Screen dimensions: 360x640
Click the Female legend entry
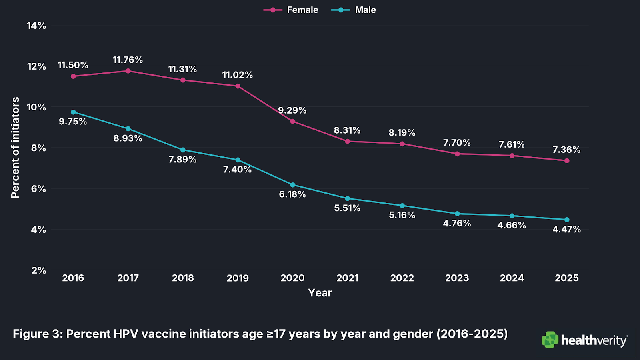tap(291, 10)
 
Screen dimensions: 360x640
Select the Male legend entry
tap(354, 10)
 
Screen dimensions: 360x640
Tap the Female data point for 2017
tap(128, 71)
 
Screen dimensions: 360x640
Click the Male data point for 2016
tap(73, 112)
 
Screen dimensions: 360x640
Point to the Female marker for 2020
tap(293, 121)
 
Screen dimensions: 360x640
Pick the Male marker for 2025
tap(567, 220)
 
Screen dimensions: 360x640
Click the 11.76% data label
tap(128, 60)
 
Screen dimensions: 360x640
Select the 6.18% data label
tap(292, 194)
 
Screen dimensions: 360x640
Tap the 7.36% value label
tap(566, 150)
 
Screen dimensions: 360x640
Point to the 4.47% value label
tap(566, 230)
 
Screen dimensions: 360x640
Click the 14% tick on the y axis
tap(36, 26)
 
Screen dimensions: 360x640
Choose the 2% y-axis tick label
tap(39, 270)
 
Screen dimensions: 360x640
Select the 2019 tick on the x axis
tap(238, 278)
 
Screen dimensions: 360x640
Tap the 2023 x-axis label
tap(457, 278)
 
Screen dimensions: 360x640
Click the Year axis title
tap(320, 293)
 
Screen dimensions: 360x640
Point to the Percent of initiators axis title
tap(15, 148)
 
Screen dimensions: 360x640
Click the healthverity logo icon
tap(550, 340)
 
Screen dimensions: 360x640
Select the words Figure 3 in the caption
tap(37, 334)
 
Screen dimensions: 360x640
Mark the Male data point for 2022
tap(402, 206)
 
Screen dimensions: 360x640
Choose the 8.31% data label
tap(347, 130)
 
